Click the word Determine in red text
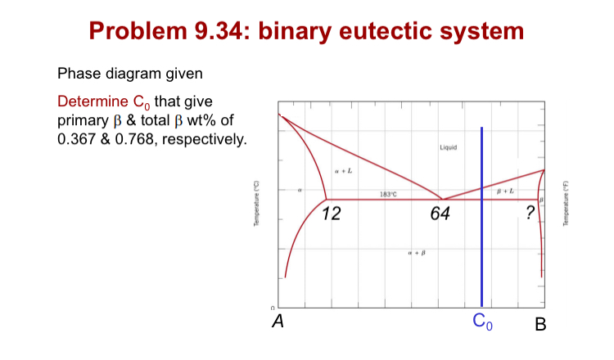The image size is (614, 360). [x=88, y=102]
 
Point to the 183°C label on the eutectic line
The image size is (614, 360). [x=388, y=193]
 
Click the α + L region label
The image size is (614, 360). [x=344, y=170]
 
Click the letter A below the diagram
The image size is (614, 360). [x=278, y=322]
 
